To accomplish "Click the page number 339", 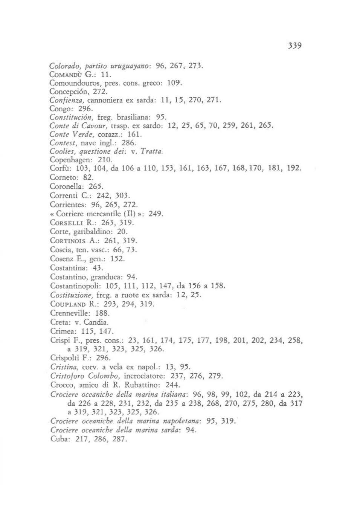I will (294, 46).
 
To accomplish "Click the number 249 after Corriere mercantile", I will (156, 214).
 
